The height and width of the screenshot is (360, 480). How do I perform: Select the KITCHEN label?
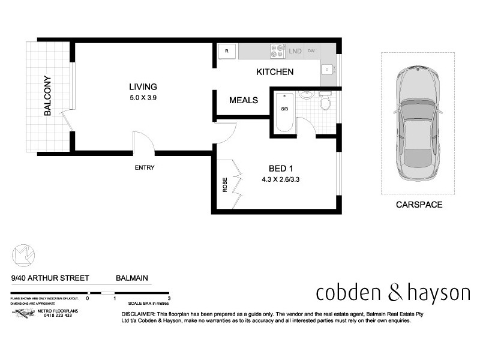point(275,72)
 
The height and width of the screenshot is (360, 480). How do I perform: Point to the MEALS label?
point(244,100)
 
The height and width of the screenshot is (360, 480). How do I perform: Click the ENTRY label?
point(145,168)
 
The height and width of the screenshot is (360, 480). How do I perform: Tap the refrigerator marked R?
point(227,51)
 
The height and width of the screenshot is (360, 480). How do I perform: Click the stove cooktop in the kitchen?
point(277,51)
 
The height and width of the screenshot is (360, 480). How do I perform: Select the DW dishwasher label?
point(311,51)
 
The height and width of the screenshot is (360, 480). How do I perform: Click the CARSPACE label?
point(418,205)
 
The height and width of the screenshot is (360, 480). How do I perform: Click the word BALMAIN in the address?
point(132,278)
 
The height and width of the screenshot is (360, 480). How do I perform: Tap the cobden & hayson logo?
point(393,293)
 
